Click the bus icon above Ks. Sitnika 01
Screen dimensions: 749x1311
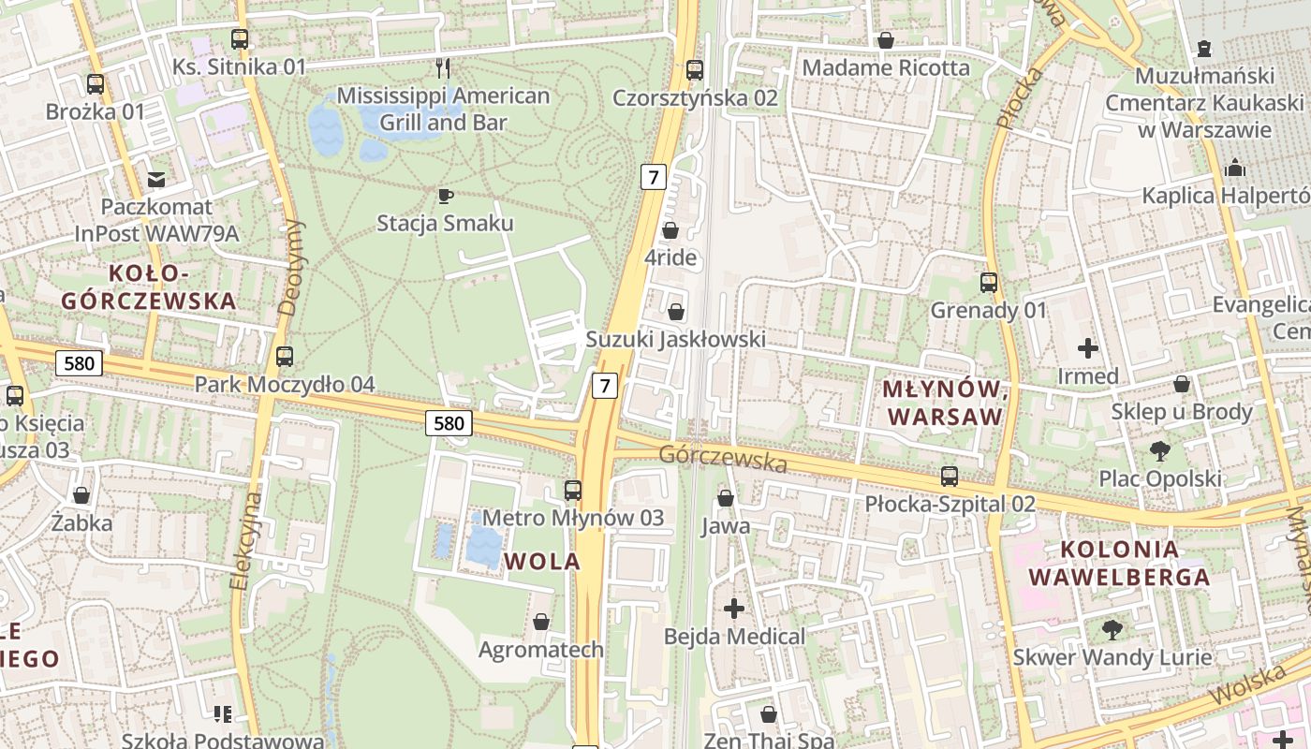240,39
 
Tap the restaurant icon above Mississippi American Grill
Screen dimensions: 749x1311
444,67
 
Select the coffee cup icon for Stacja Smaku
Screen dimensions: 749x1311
445,196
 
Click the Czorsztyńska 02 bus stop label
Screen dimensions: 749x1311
695,97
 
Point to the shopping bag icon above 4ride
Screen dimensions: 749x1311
670,229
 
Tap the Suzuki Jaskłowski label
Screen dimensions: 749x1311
675,339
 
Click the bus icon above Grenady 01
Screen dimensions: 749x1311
988,282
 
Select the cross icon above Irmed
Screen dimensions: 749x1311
1087,349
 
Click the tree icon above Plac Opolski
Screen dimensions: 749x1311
1159,451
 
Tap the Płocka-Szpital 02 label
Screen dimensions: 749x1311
950,504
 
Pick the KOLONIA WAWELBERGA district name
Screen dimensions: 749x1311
1119,563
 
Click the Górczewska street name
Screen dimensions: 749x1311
722,459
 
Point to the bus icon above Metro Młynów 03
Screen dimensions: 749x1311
572,490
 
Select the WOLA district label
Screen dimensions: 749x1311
542,562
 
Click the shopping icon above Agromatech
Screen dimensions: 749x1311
540,622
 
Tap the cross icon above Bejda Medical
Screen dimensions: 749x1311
734,609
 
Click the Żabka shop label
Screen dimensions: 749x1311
82,522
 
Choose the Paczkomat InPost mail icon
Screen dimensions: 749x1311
156,179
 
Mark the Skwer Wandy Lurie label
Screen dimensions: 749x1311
1112,657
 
